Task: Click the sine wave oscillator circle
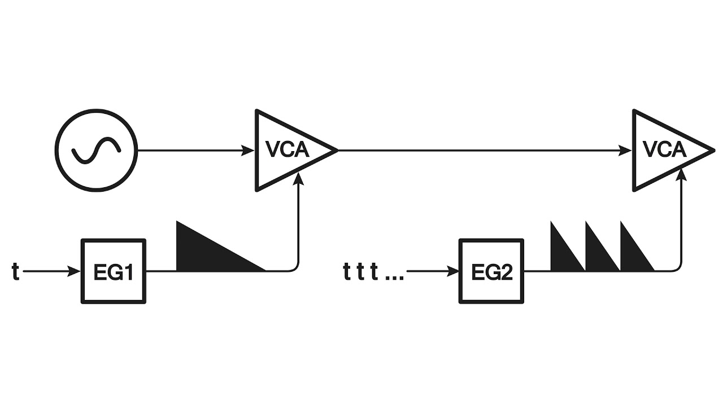coord(96,151)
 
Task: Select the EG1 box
coord(114,271)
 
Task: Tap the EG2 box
coord(491,271)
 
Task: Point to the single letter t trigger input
coord(16,272)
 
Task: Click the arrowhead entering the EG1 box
coord(76,272)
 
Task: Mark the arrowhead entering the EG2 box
coord(453,272)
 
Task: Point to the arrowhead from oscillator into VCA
coord(249,151)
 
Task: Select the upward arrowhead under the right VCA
coord(681,176)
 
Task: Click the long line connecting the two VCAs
coord(480,151)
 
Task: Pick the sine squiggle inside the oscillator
coord(96,151)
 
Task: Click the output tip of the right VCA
coord(711,151)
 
